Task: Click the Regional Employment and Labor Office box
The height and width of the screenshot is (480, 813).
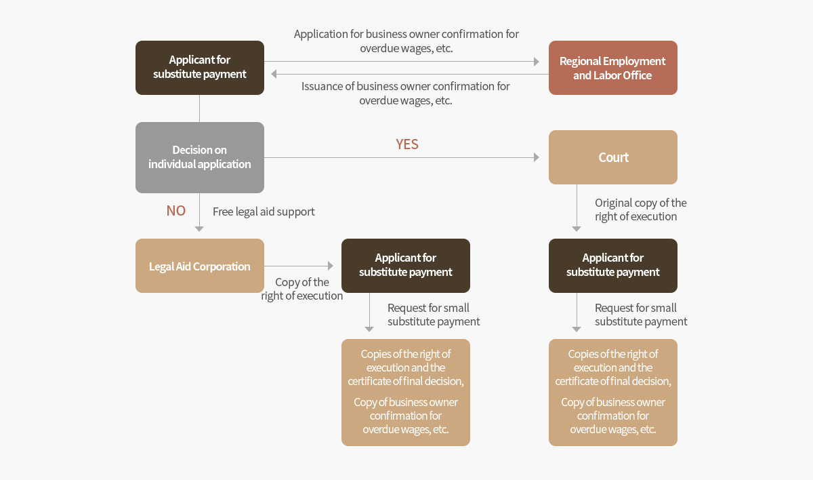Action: [612, 68]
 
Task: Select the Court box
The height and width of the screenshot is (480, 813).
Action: [612, 157]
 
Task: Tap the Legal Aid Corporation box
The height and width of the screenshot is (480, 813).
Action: [200, 266]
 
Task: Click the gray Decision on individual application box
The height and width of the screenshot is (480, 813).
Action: [200, 157]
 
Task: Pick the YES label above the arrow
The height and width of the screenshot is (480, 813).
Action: [407, 144]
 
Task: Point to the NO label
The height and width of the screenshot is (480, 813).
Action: [176, 211]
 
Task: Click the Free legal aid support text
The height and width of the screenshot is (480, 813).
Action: [264, 212]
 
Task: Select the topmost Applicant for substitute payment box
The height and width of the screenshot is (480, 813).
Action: [200, 68]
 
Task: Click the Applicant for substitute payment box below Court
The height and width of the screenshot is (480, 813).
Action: [612, 266]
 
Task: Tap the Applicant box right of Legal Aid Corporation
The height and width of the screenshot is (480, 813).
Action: [405, 266]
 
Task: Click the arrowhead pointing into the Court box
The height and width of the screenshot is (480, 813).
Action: [537, 157]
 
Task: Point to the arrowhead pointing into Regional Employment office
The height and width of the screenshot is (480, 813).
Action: [537, 62]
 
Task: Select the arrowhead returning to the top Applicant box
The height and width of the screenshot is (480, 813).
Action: [274, 74]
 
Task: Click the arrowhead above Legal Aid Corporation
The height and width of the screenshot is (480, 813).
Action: [199, 228]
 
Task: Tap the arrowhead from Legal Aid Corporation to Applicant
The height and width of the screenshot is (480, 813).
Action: [331, 266]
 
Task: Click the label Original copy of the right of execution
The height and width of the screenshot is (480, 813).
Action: [641, 209]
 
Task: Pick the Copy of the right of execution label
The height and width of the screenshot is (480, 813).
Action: [302, 289]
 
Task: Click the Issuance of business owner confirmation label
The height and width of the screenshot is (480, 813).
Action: [406, 94]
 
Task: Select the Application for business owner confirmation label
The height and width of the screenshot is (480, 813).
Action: [406, 41]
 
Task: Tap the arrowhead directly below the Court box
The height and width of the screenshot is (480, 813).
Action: [577, 228]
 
